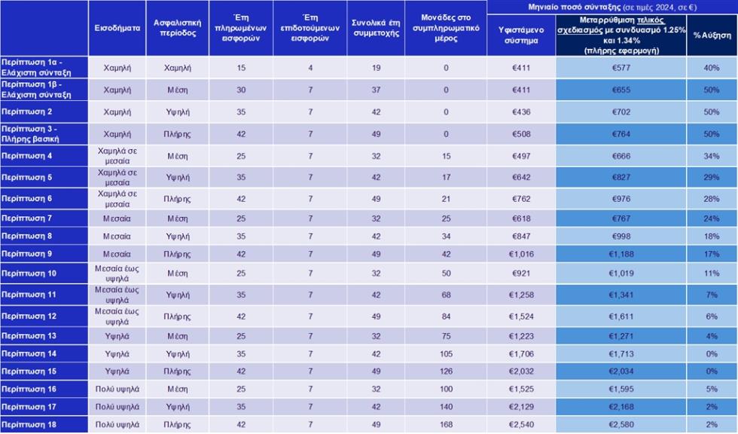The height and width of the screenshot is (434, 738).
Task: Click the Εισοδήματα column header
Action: (x=117, y=28)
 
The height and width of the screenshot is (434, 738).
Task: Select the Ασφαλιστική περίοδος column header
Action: (x=178, y=28)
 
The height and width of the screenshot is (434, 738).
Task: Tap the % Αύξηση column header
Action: (x=712, y=35)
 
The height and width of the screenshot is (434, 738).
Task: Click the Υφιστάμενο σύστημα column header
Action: (x=521, y=35)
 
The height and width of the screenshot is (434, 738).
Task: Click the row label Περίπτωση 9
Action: (x=27, y=254)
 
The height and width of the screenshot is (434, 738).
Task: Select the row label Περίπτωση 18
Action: (x=29, y=425)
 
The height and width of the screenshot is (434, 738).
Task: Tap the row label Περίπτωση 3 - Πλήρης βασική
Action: (x=30, y=134)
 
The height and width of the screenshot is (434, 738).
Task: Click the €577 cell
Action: (x=621, y=68)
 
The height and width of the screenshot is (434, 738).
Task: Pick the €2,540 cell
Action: (x=521, y=425)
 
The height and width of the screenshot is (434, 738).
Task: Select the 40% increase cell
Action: (x=712, y=68)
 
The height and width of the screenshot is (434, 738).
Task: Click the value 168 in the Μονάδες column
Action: (x=446, y=425)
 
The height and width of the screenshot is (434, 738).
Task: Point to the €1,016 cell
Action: (x=521, y=254)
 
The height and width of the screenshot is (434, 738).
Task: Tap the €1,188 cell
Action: (x=621, y=254)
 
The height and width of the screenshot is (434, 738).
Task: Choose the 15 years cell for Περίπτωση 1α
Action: (x=241, y=68)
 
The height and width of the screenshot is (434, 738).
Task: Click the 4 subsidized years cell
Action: (x=310, y=68)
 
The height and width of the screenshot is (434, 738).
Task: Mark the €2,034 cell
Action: (x=621, y=371)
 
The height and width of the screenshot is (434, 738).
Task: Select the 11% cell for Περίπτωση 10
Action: (x=712, y=274)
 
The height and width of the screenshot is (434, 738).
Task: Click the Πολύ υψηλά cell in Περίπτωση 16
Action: (x=117, y=390)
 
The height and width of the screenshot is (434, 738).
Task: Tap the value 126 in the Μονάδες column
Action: (x=446, y=371)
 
